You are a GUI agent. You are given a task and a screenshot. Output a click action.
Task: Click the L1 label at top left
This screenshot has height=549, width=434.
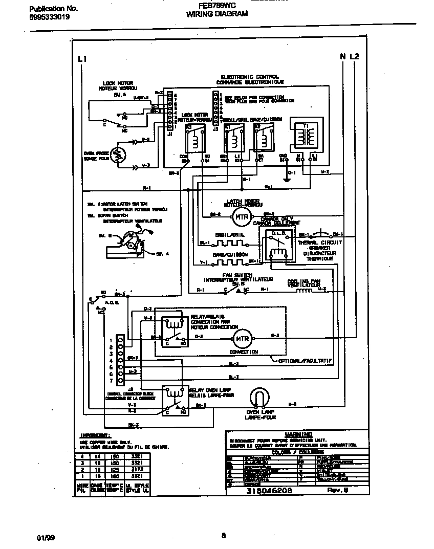[82, 59]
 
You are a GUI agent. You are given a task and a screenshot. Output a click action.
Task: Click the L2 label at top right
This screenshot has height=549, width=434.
[355, 57]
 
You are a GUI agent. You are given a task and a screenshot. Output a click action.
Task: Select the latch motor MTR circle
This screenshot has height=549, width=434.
[242, 216]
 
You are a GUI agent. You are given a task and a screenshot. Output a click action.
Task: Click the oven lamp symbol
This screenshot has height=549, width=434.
[261, 399]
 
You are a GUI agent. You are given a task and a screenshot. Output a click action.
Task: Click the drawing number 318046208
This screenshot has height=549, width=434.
[269, 490]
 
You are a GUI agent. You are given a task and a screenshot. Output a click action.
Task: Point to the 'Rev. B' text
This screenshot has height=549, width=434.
[338, 490]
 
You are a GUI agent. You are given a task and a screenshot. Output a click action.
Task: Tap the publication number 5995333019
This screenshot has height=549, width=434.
[47, 17]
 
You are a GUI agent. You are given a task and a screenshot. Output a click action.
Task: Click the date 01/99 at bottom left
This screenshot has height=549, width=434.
[46, 538]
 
